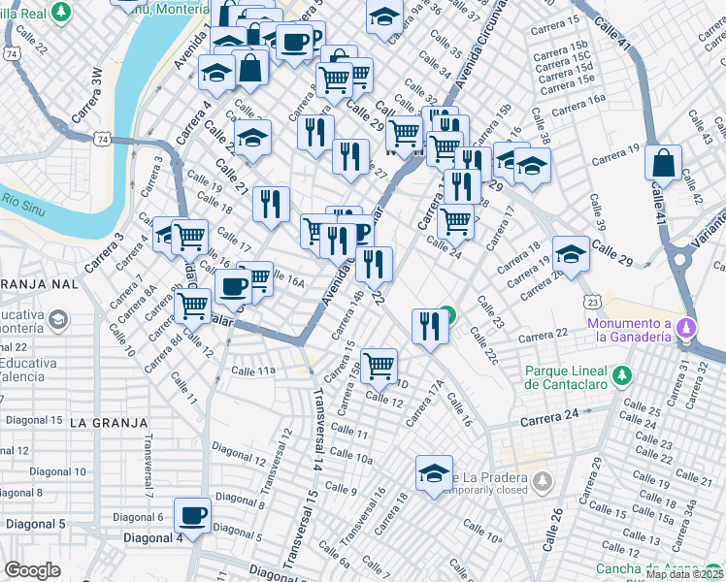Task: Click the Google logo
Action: click(33, 570)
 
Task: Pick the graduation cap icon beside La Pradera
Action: click(434, 473)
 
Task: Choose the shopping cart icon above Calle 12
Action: click(379, 366)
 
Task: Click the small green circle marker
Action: click(446, 313)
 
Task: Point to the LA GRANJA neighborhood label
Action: click(110, 423)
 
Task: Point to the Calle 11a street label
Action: click(254, 371)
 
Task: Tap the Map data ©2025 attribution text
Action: click(683, 574)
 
